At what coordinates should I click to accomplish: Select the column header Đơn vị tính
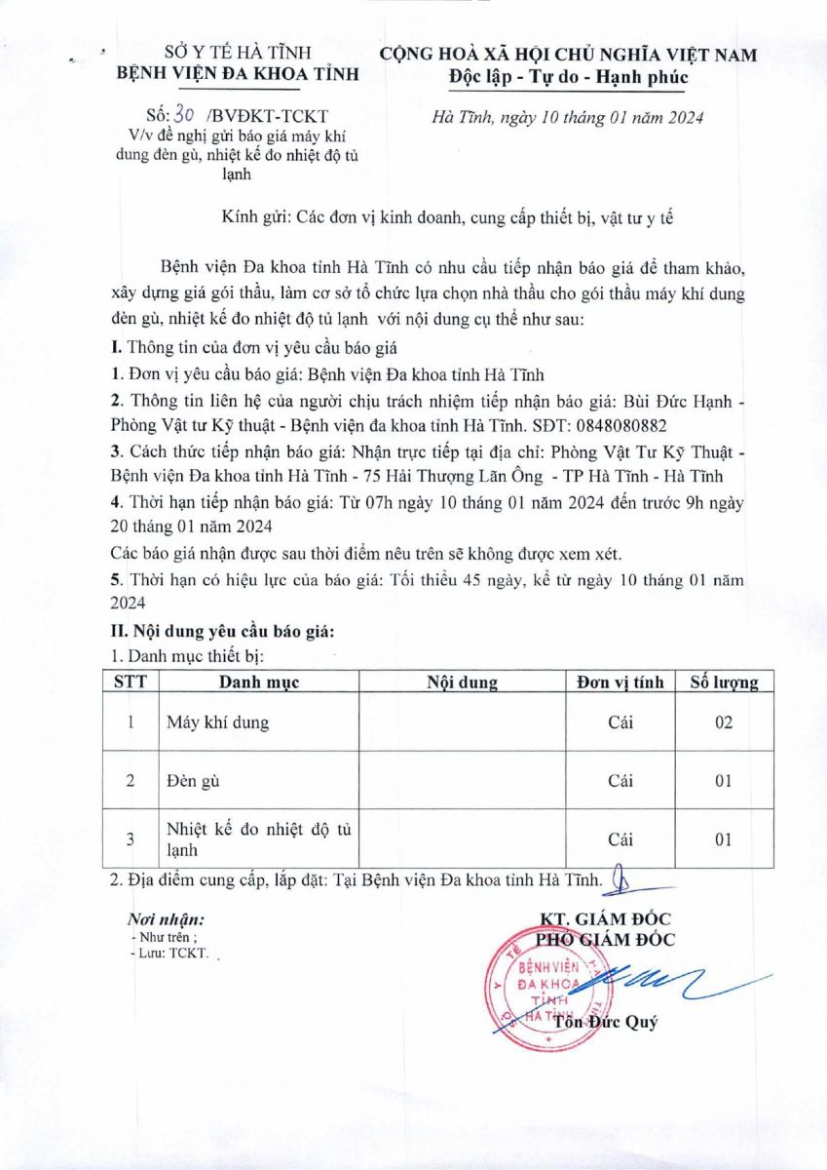[620, 682]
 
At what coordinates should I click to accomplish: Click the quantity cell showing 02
[723, 722]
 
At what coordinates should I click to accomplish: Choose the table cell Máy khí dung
[216, 722]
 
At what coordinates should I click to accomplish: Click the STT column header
[131, 682]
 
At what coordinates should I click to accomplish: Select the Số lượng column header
[724, 682]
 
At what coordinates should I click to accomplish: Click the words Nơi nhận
[166, 919]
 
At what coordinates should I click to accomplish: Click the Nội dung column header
[463, 682]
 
